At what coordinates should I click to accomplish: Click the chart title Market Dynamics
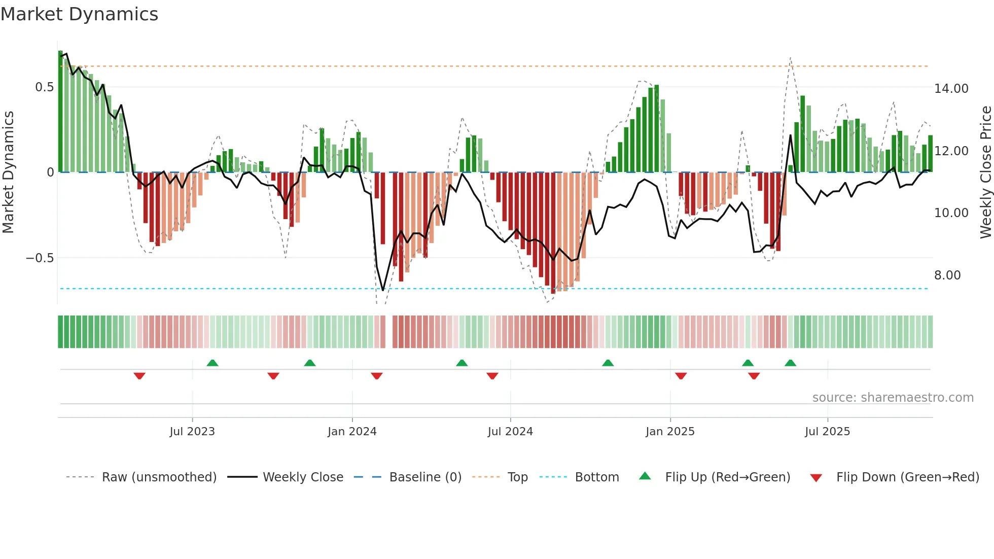(79, 14)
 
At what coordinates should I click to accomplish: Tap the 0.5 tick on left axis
(44, 87)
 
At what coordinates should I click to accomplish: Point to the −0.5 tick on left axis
(40, 258)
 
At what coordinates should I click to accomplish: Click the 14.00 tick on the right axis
(951, 89)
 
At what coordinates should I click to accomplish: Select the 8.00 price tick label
(947, 275)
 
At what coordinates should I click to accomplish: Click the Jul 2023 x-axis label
(192, 432)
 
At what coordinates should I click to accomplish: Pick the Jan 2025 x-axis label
(670, 432)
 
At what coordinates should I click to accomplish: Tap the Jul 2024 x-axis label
(510, 432)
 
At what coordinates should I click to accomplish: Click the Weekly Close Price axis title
(985, 172)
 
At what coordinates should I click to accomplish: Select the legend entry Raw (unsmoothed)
(159, 477)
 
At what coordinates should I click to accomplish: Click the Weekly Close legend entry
(303, 477)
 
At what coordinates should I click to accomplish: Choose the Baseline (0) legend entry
(425, 477)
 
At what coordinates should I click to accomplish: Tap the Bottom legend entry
(596, 477)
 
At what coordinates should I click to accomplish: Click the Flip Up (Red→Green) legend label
(727, 477)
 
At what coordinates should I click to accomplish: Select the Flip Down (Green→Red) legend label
(907, 477)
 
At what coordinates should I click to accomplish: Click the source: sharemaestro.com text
(893, 398)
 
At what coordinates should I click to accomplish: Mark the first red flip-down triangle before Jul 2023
(139, 376)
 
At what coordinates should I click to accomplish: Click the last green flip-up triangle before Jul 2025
(790, 363)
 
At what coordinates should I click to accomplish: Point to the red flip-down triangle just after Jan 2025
(681, 376)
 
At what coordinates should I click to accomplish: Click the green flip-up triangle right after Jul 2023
(212, 363)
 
